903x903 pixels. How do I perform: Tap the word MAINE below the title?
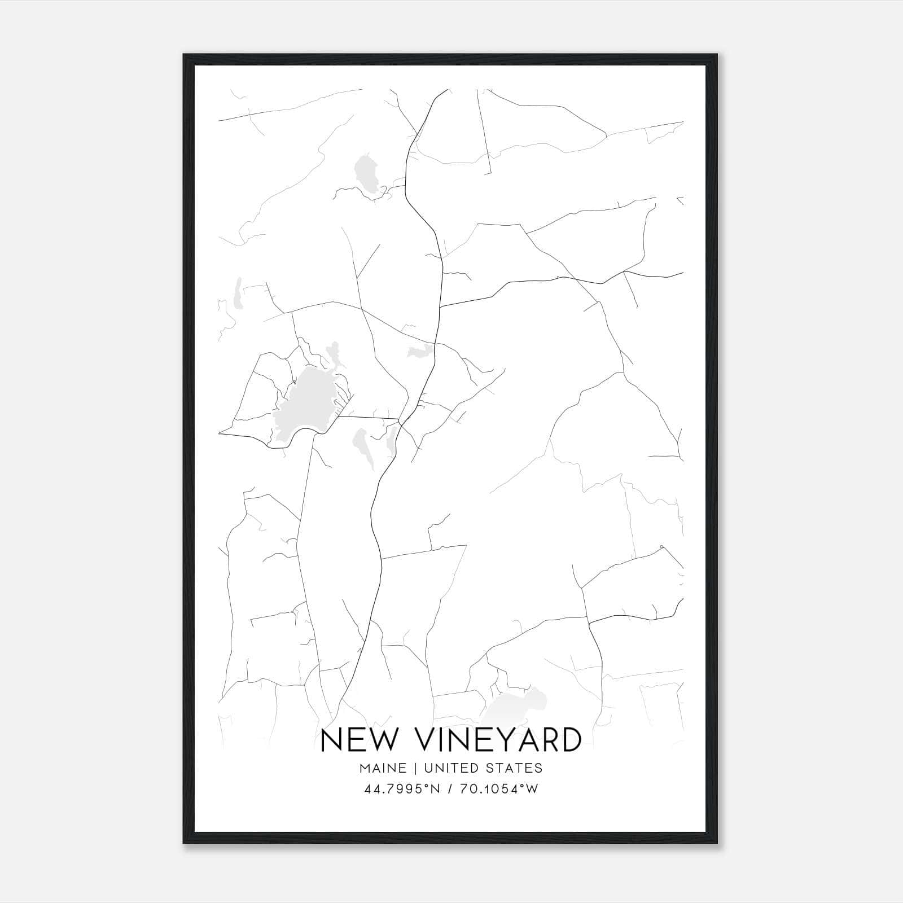(382, 768)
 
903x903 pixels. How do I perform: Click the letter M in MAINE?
(365, 768)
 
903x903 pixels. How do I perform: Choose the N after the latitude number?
(434, 789)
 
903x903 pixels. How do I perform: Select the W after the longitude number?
(532, 789)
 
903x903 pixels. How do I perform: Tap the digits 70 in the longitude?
(467, 789)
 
